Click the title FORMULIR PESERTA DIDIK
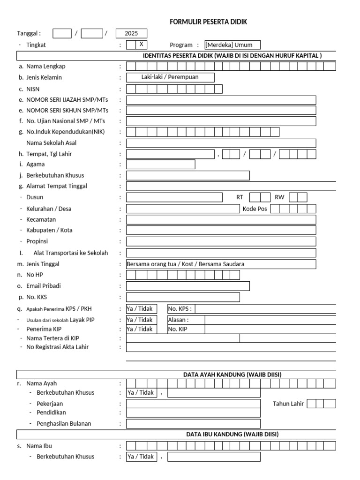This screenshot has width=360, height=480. pos(208,22)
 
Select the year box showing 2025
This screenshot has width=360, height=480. pos(131,34)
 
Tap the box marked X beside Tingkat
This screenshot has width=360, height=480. pos(141,45)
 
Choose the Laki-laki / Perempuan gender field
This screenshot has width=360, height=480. pos(170,77)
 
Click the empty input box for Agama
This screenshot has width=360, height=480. pos(160,165)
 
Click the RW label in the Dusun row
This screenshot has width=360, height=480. pos(279,197)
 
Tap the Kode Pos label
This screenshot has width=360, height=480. pos(255,209)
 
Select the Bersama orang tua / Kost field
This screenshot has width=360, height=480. pos(221,264)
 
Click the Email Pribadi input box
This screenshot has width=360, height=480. pos(187,286)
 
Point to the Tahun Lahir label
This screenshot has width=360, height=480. pos(288,404)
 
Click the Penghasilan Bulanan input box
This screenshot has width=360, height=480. pos(193,424)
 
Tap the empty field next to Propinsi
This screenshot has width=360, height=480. pos(221,241)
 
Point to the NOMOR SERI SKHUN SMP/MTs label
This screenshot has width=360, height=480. pos(67,111)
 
